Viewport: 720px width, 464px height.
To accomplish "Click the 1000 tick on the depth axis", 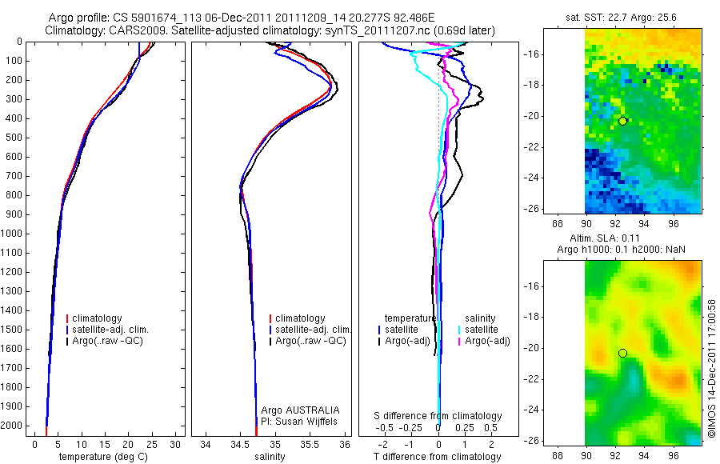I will [14, 234].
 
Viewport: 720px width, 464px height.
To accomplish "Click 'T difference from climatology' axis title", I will [438, 457].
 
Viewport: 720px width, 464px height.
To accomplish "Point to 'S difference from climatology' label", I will [438, 416].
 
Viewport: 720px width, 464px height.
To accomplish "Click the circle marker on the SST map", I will [622, 121].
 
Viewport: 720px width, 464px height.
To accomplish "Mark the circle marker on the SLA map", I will [622, 353].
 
